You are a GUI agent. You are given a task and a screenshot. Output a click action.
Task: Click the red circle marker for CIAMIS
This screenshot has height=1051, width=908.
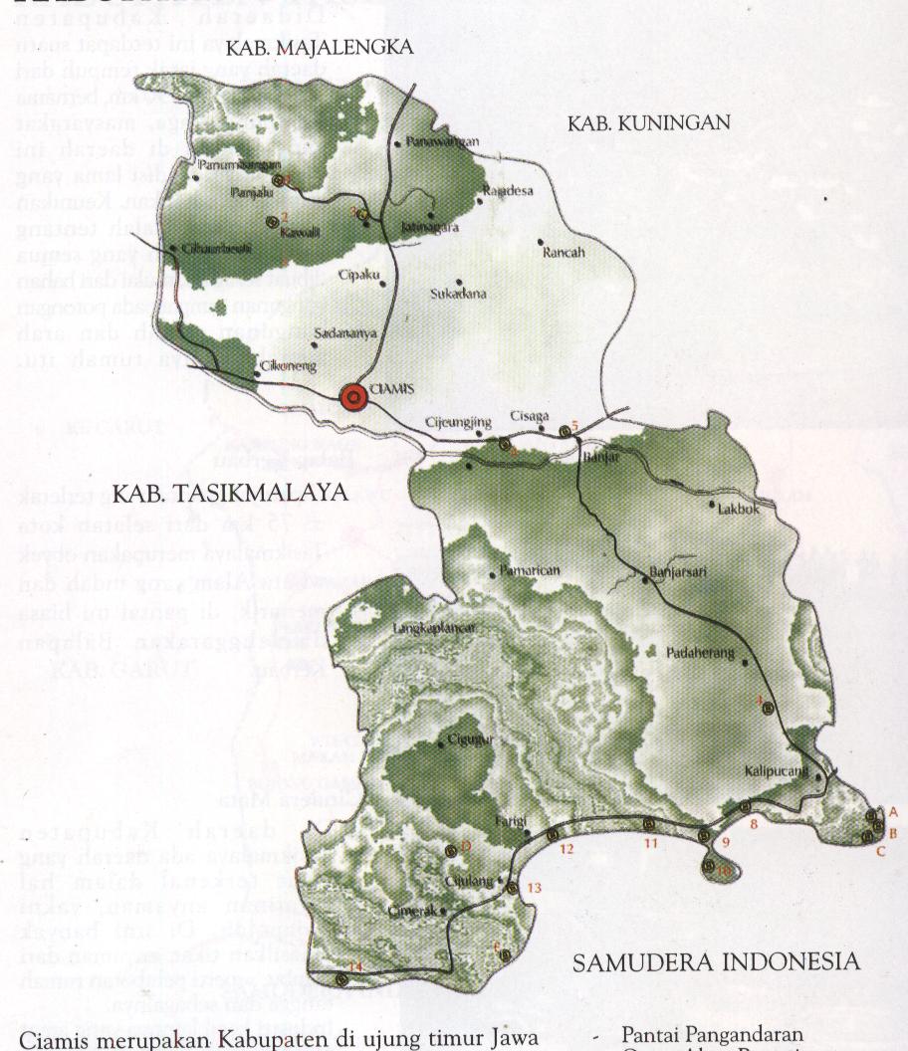tap(352, 397)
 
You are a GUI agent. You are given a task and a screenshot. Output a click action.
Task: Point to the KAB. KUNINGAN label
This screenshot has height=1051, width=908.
tap(649, 124)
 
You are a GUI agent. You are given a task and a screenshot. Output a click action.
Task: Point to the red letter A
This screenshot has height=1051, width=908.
tap(893, 812)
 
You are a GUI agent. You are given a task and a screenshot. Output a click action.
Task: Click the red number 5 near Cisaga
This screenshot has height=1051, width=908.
tap(574, 425)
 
